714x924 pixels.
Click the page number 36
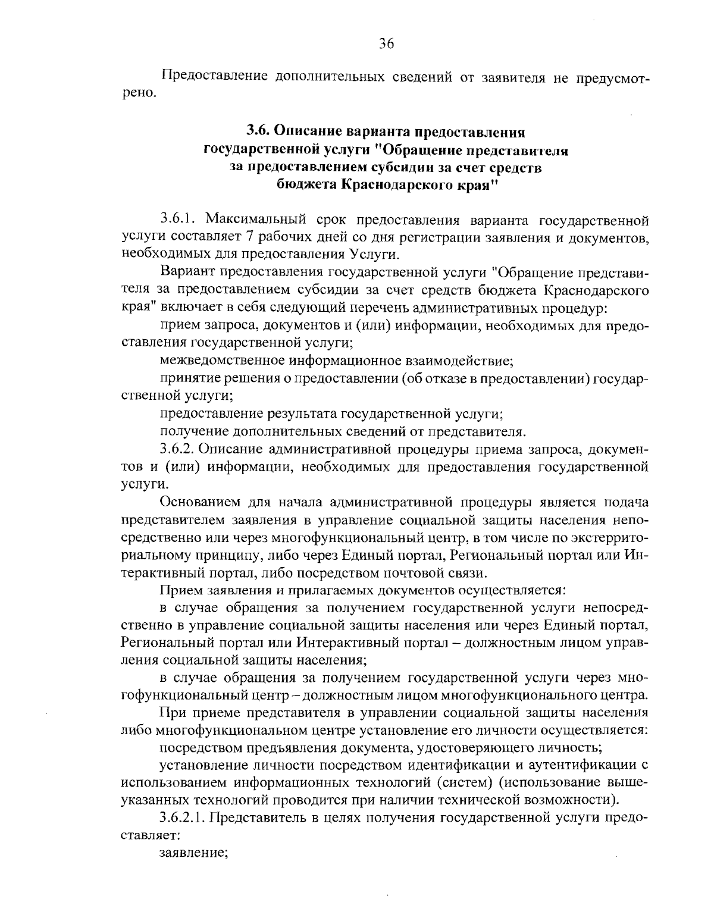click(386, 44)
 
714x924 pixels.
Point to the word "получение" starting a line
click(192, 430)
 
